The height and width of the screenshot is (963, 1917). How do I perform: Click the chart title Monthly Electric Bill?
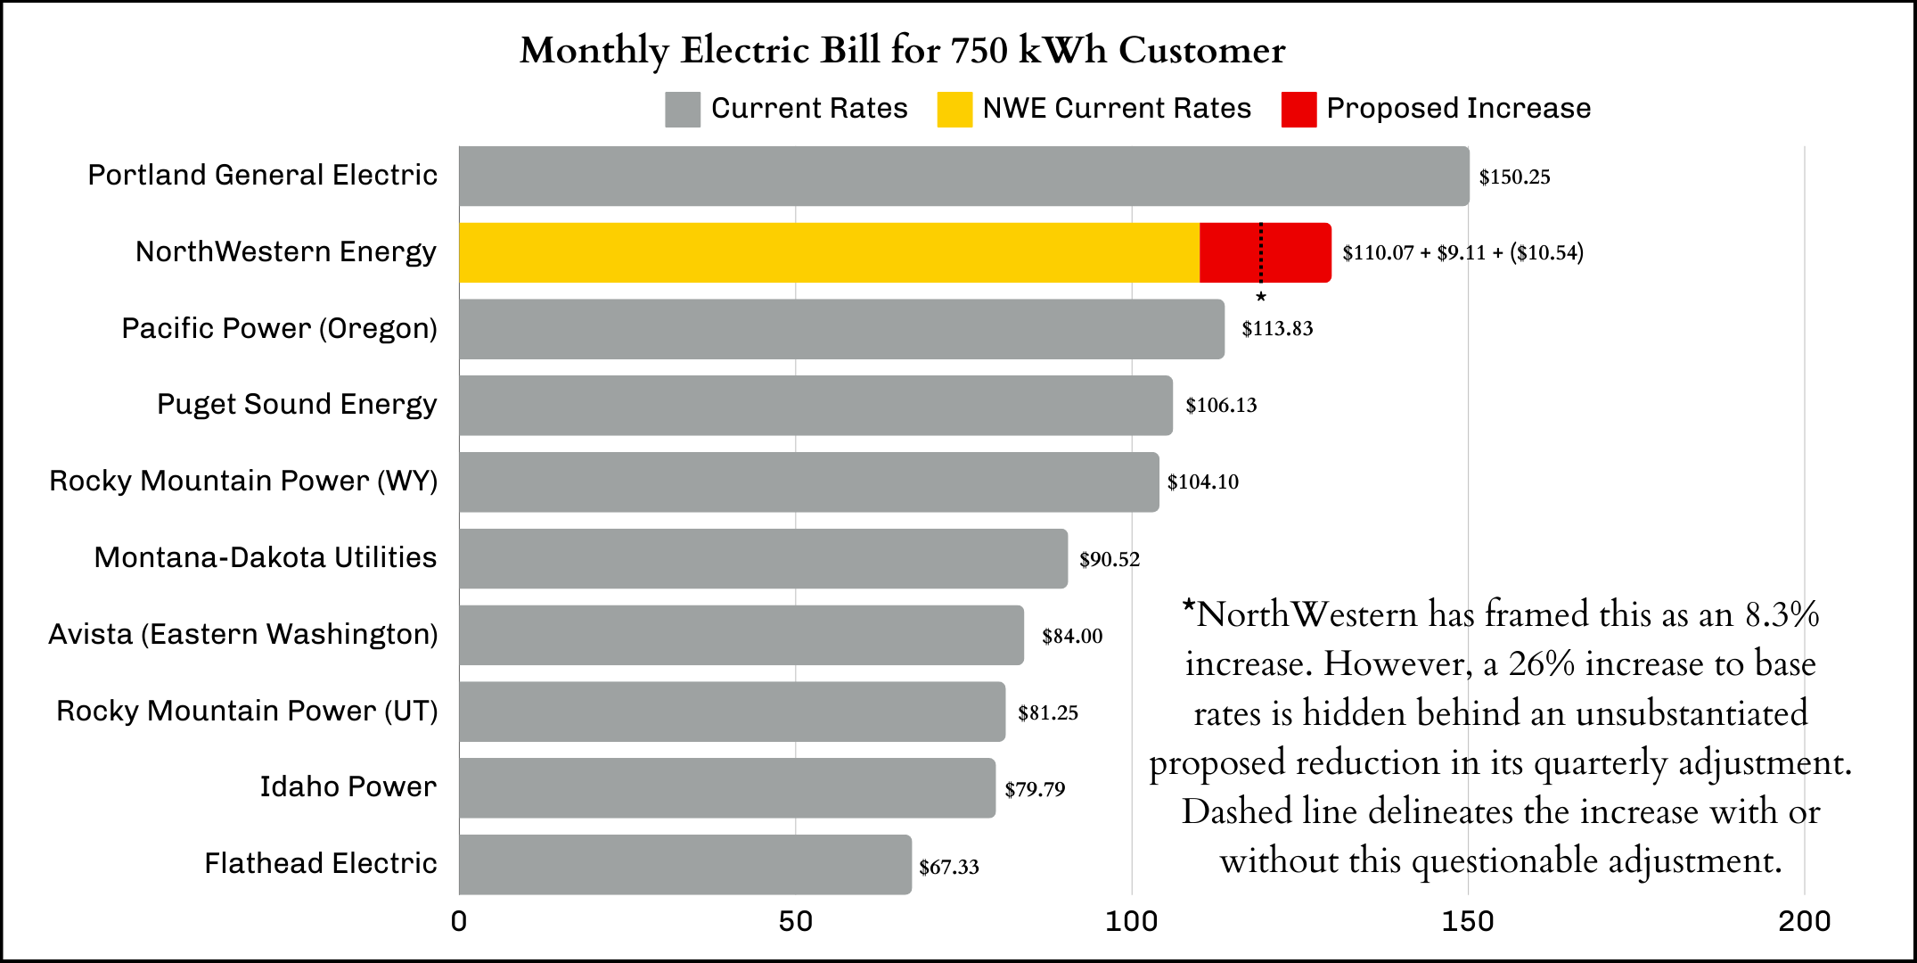(902, 51)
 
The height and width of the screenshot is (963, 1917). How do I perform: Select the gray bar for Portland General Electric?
(963, 177)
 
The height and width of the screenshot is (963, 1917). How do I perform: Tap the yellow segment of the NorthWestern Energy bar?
(829, 253)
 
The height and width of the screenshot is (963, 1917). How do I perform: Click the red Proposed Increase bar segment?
(1266, 253)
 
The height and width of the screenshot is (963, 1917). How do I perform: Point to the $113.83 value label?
(1277, 329)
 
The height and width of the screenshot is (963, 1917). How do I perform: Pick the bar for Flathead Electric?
(685, 865)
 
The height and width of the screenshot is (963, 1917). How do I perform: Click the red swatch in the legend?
(1298, 110)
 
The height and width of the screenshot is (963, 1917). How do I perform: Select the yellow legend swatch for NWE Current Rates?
(954, 110)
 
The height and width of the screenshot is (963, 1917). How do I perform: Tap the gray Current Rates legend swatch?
(683, 110)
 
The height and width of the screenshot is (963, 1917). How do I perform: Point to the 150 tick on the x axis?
(1468, 921)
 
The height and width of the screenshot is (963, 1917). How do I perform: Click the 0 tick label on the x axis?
(459, 921)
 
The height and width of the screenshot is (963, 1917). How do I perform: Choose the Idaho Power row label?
(348, 787)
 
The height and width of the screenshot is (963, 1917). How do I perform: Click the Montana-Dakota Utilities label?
(266, 558)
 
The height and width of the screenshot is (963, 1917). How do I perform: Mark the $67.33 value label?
(949, 867)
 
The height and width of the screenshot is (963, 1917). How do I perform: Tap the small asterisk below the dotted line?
(1261, 297)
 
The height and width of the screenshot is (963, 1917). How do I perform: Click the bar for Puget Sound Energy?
(815, 406)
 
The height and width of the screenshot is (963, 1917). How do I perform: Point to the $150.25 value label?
(1514, 177)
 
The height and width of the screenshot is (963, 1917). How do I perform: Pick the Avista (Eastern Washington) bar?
(741, 636)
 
